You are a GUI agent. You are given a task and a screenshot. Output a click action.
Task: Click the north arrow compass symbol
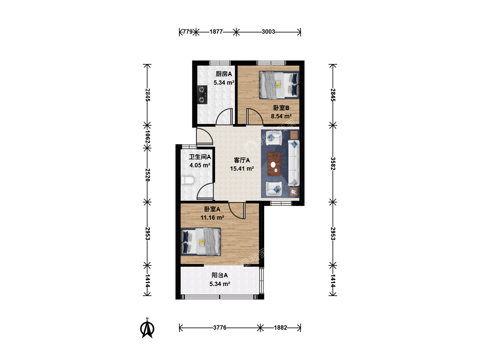147,328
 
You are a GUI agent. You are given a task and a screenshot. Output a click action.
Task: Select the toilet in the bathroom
188,181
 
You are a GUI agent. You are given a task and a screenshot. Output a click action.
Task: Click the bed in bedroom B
279,85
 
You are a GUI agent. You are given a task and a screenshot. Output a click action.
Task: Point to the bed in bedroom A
201,242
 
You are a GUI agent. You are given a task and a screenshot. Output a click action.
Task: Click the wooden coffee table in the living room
274,164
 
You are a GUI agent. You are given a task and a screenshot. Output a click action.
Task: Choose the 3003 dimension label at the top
268,32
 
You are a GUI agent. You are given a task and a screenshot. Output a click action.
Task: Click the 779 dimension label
187,32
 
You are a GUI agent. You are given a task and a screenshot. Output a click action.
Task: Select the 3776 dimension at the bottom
220,328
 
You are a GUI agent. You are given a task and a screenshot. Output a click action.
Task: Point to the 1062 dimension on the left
147,137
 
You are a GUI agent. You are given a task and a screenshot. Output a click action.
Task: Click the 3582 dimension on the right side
333,163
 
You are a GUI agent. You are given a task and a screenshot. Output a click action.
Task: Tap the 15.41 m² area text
242,169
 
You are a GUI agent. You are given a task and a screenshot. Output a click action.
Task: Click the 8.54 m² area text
281,116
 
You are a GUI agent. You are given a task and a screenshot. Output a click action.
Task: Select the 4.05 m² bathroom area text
200,165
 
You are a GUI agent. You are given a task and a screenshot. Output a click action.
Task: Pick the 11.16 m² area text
212,218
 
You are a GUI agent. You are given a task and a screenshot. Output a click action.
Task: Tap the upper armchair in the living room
274,138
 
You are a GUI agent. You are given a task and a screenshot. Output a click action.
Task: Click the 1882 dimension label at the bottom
281,328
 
